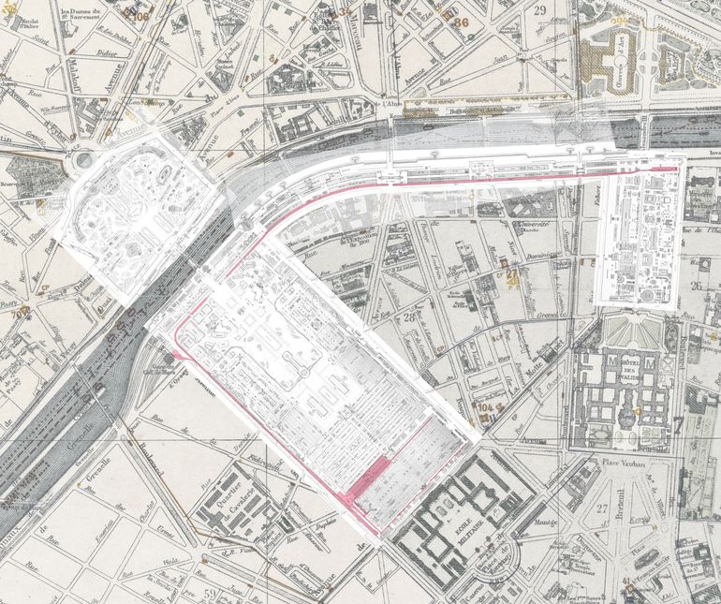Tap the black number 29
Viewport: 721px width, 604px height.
[540, 11]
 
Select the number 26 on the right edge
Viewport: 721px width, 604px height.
[696, 287]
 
